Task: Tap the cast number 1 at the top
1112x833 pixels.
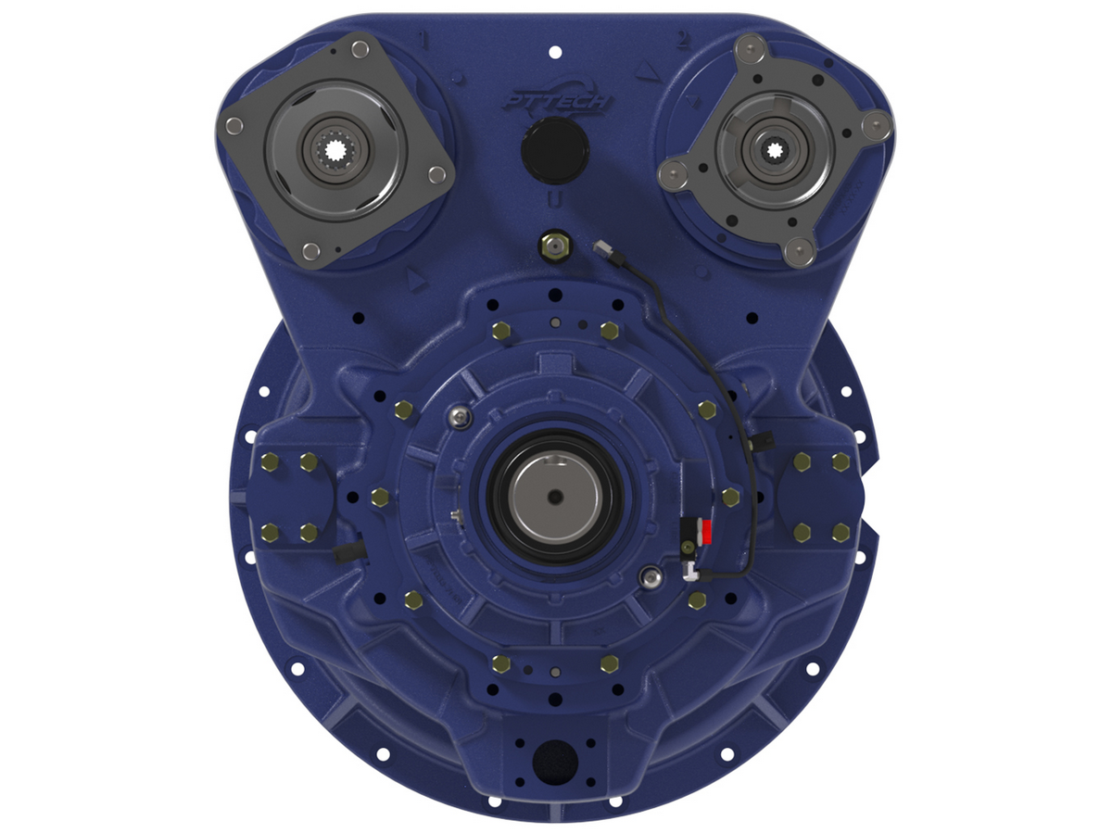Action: click(425, 40)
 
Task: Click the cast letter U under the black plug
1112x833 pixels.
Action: click(553, 201)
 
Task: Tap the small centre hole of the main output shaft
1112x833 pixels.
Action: click(554, 495)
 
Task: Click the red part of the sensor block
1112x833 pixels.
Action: click(706, 533)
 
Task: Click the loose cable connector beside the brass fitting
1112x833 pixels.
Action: click(601, 247)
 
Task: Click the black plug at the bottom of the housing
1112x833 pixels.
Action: click(555, 761)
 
